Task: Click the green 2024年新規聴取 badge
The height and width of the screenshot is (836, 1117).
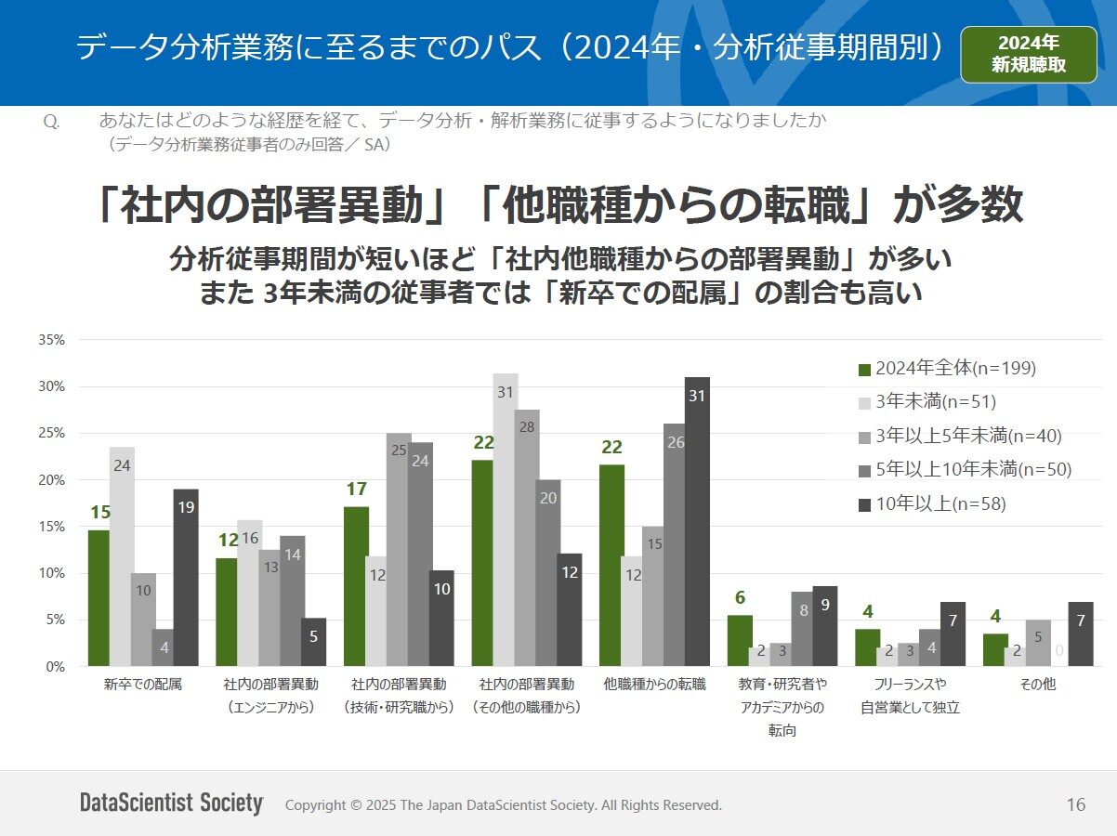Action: click(x=1029, y=55)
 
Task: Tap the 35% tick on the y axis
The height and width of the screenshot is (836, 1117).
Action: click(x=51, y=340)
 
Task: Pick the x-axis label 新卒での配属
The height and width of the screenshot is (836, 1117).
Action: click(x=143, y=686)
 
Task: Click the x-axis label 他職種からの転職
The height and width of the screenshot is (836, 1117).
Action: click(x=654, y=686)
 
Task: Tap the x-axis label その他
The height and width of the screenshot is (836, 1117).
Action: click(x=1038, y=686)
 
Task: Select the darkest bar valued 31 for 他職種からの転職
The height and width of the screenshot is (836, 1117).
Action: click(x=697, y=522)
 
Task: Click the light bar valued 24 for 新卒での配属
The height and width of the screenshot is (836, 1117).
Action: click(x=121, y=557)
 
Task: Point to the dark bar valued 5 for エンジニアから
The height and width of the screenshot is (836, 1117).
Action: click(x=313, y=643)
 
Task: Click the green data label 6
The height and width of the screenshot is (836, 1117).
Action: click(x=740, y=598)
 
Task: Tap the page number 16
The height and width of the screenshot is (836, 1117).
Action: click(x=1075, y=805)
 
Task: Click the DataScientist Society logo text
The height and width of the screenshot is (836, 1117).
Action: click(x=171, y=803)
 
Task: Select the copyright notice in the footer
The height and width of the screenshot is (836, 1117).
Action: click(x=503, y=805)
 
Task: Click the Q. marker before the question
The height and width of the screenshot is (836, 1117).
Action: click(x=52, y=122)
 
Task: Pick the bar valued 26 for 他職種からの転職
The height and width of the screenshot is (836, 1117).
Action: click(x=676, y=545)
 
